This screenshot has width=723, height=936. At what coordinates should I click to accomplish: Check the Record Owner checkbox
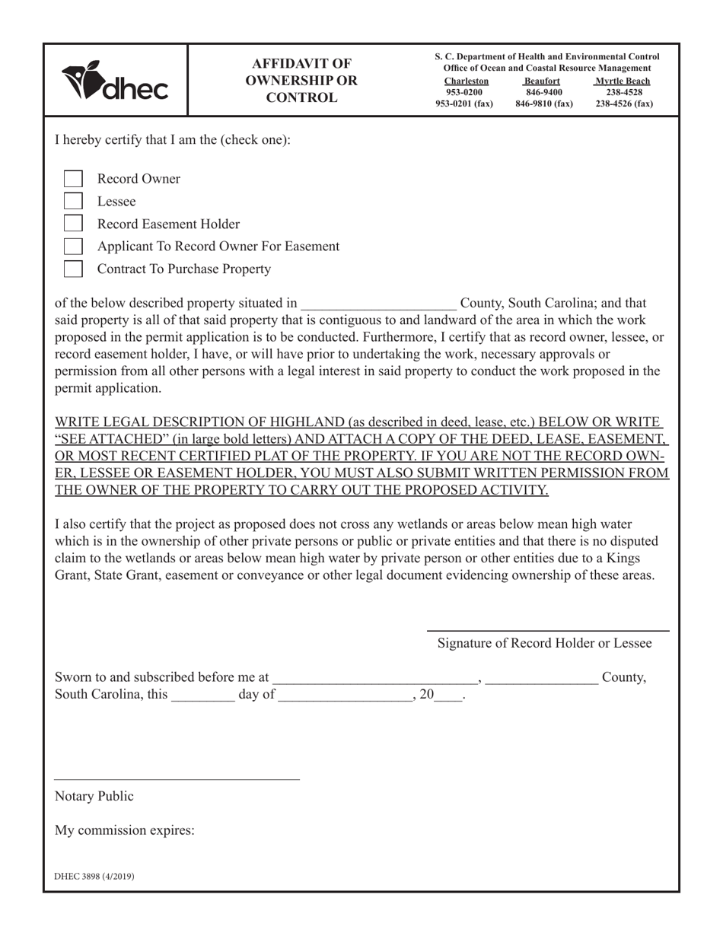coord(73,179)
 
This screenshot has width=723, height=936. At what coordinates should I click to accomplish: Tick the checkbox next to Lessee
coord(73,202)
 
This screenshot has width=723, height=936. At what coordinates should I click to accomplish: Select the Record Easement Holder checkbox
coord(73,224)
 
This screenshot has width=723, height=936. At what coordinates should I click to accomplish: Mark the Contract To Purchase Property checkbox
coord(73,269)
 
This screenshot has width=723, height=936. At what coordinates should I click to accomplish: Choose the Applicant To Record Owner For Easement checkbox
coord(73,247)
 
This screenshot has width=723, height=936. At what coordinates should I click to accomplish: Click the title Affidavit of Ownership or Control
coord(304,81)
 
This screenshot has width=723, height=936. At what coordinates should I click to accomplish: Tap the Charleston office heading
coord(466,81)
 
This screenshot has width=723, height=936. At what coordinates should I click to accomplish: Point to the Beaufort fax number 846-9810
coord(543,104)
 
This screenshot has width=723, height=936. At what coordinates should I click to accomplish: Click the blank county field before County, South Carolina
coord(378,304)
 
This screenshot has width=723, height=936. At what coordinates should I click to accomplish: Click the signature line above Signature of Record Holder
coord(547,630)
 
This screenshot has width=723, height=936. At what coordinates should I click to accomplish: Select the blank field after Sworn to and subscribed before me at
coord(375,678)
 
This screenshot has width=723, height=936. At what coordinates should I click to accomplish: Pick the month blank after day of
coord(346,695)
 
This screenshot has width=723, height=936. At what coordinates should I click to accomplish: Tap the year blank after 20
coord(449,695)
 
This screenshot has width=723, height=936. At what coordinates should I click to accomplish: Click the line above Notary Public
coord(177,778)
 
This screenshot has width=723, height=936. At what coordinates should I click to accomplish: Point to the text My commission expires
coord(125,830)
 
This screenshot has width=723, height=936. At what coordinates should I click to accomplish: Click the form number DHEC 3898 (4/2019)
coord(94,877)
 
